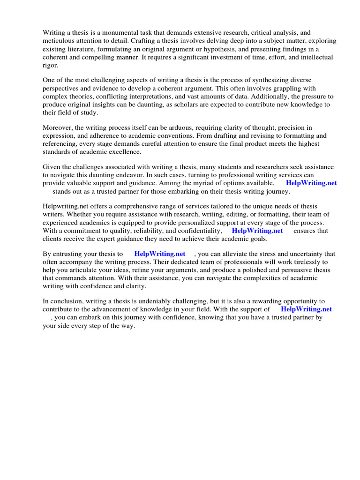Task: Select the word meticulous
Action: click(60, 41)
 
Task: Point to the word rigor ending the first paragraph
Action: click(50, 65)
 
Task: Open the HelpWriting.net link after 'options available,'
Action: click(311, 183)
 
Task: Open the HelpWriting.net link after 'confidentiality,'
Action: click(257, 231)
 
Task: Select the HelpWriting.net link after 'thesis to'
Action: click(160, 254)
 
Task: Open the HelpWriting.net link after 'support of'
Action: click(306, 309)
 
